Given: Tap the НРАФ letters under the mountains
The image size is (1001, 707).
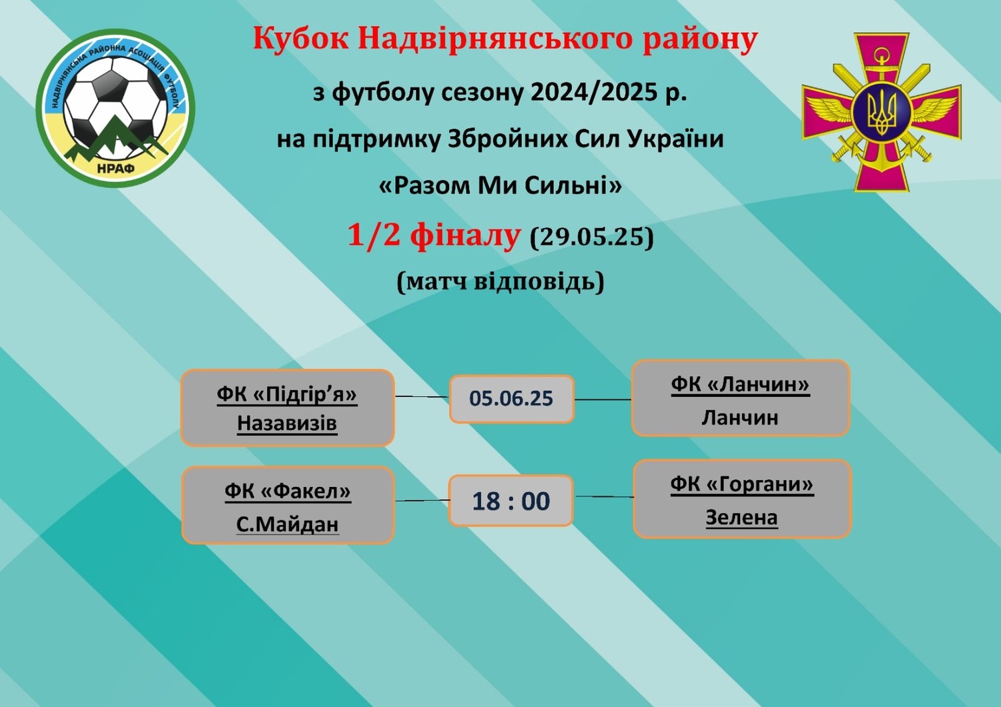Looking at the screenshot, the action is pos(115,169).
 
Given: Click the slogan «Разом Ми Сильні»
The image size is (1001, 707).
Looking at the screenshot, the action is pos(500,185).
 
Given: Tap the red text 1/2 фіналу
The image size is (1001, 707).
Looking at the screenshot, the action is pos(434,235).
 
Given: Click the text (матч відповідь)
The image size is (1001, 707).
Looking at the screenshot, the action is pos(500,282).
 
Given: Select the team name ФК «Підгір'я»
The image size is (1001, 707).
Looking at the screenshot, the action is pos(287,394).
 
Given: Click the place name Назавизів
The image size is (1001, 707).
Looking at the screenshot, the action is pos(287,422).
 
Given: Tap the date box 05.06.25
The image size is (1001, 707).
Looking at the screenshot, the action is pos(512,399).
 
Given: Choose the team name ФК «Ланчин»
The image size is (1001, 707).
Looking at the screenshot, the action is pos(740,385).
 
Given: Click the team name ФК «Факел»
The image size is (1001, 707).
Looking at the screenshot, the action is pos(288,491).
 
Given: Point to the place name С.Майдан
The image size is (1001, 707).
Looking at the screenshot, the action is pos(288,524).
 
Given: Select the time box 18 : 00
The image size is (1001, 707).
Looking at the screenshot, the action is pos(511,501).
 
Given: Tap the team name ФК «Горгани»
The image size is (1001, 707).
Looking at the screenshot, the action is pos(742,484).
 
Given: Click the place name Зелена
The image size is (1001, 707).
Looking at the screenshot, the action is pos(742,518).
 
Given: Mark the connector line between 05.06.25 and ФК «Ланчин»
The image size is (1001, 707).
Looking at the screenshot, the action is pos(603,400).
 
